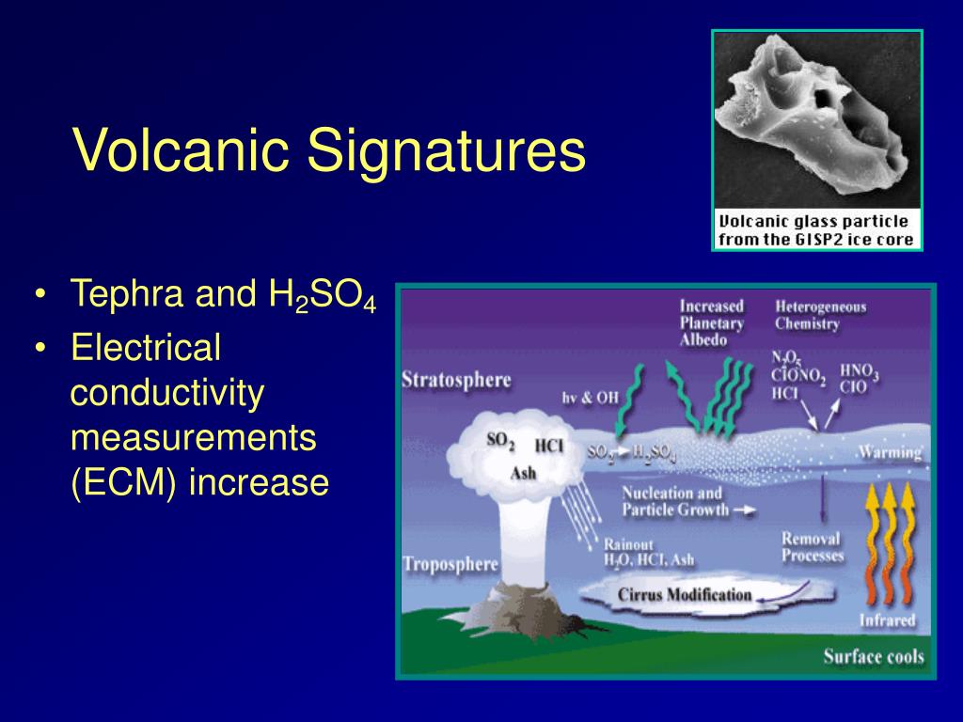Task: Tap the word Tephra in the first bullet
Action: [x=127, y=294]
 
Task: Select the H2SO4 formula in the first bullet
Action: [x=322, y=294]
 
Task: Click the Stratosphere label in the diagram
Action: [x=456, y=380]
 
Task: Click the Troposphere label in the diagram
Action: [x=450, y=564]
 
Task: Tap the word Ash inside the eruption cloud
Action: [x=523, y=473]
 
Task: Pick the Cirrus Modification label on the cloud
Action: [x=685, y=594]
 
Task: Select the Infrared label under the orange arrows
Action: [x=888, y=620]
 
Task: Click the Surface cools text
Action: [x=874, y=656]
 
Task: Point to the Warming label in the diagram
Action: [x=890, y=452]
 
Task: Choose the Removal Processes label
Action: [x=812, y=547]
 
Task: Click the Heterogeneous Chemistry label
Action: [x=820, y=315]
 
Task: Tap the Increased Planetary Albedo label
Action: [x=711, y=323]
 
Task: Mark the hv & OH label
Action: [x=591, y=398]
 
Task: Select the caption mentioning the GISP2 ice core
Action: [x=816, y=230]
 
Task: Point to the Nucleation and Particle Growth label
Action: [x=675, y=501]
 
